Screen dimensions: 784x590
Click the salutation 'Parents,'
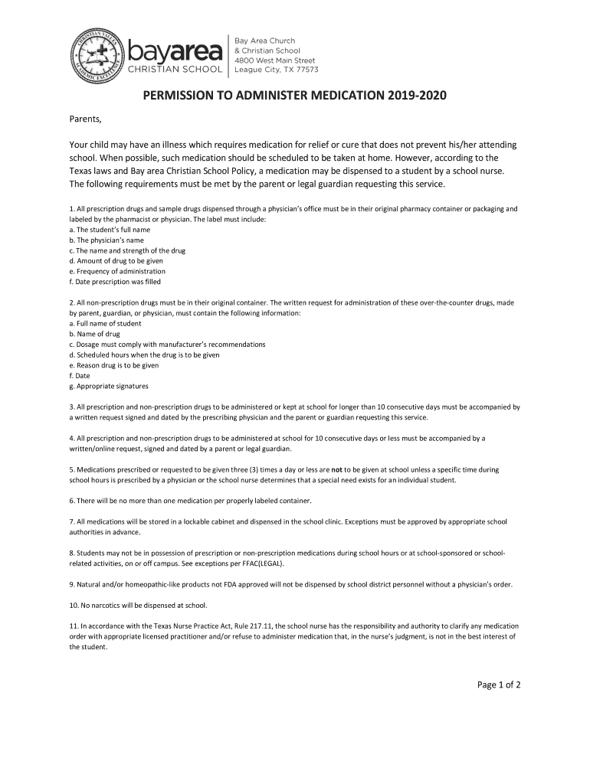point(85,119)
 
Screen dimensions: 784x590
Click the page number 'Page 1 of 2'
point(498,685)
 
